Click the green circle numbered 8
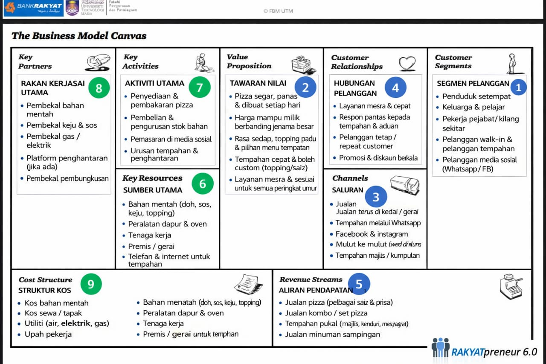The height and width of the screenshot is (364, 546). (99, 88)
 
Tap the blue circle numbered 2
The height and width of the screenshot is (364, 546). (305, 87)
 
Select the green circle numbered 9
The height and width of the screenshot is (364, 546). (91, 284)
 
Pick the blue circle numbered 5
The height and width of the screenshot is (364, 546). (359, 284)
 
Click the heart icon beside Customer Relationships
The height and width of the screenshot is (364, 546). (407, 64)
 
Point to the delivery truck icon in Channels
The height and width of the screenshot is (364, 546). (405, 185)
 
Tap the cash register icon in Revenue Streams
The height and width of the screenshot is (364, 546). (511, 286)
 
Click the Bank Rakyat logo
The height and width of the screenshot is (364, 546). (33, 8)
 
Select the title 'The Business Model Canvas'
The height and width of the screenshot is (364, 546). (79, 36)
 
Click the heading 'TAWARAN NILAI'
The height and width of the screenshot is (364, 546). (258, 83)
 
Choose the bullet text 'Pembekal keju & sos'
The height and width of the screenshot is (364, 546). (62, 125)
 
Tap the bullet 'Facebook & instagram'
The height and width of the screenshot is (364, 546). (372, 234)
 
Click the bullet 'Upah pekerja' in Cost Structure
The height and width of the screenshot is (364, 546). (48, 334)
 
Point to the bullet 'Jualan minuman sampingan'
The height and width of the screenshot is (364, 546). (333, 334)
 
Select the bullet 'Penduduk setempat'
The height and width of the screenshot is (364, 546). (476, 96)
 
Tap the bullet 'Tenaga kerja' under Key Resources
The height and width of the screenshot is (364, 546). (150, 235)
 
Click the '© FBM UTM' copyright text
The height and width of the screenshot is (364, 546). (278, 11)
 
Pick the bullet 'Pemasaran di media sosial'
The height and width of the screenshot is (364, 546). (171, 139)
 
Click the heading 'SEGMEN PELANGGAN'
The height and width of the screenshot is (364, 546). (473, 84)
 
